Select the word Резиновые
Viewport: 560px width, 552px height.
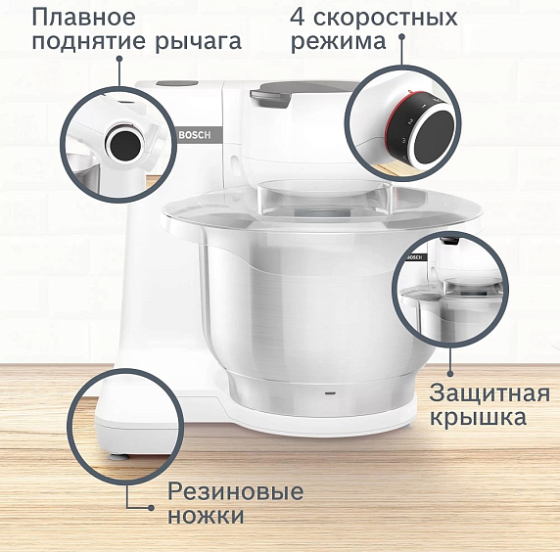click(236, 491)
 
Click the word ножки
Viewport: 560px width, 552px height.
click(206, 516)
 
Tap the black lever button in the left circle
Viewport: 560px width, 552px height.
click(123, 145)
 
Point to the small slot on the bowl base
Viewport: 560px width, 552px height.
click(329, 391)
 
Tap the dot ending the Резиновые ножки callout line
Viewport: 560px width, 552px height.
click(153, 507)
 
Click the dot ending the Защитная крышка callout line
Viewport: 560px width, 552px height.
click(451, 374)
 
